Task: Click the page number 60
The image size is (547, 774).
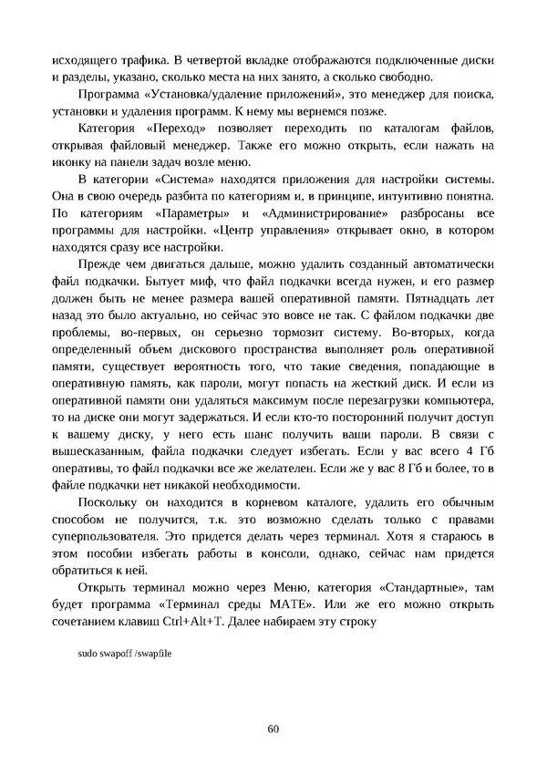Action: (273, 728)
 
